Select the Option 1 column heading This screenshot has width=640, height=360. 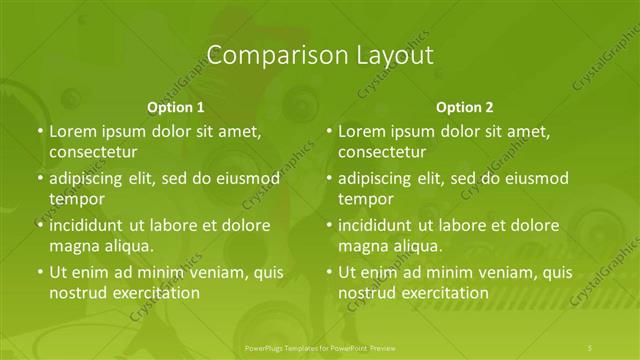point(176,106)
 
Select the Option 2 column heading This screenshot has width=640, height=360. point(465,106)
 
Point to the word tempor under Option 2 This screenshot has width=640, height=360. point(366,199)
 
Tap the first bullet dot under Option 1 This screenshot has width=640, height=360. point(39,131)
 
